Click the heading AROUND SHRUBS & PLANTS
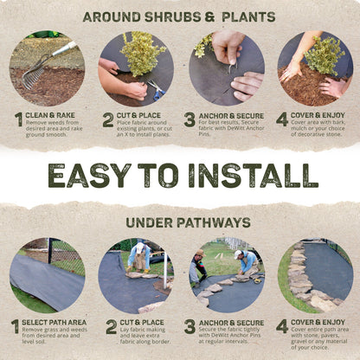tap(179, 16)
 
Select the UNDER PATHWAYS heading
tap(179, 222)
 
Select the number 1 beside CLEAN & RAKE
tap(17, 119)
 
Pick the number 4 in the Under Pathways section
tap(283, 327)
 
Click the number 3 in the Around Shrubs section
tap(190, 119)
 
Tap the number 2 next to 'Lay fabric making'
tap(110, 327)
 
